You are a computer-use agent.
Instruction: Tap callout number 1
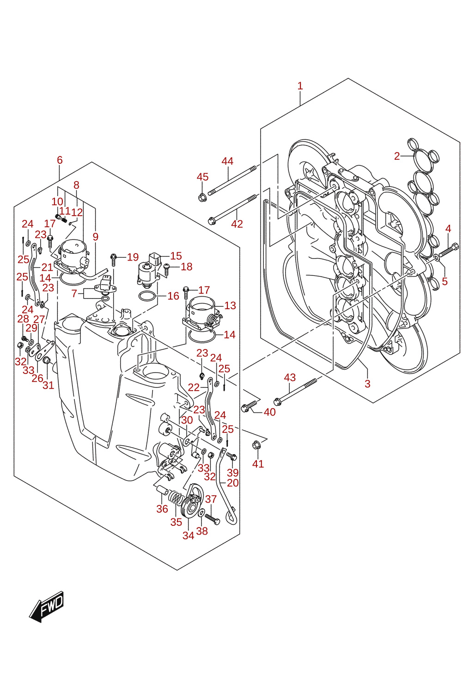[x=300, y=86]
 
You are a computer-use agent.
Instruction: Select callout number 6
[x=60, y=160]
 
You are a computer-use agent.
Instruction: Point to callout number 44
[x=227, y=161]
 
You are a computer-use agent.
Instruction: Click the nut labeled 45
[x=201, y=198]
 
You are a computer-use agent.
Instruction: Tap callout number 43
[x=290, y=377]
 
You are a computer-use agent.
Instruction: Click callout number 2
[x=397, y=156]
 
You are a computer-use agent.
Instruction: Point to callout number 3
[x=368, y=384]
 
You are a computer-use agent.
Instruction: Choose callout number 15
[x=176, y=255]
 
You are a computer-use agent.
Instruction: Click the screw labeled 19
[x=113, y=260]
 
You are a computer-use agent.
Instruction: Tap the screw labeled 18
[x=167, y=269]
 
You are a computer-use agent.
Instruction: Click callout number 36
[x=162, y=509]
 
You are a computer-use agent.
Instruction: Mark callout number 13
[x=230, y=305]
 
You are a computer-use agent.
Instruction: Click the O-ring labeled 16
[x=147, y=297]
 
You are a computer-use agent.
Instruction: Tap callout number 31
[x=48, y=385]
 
